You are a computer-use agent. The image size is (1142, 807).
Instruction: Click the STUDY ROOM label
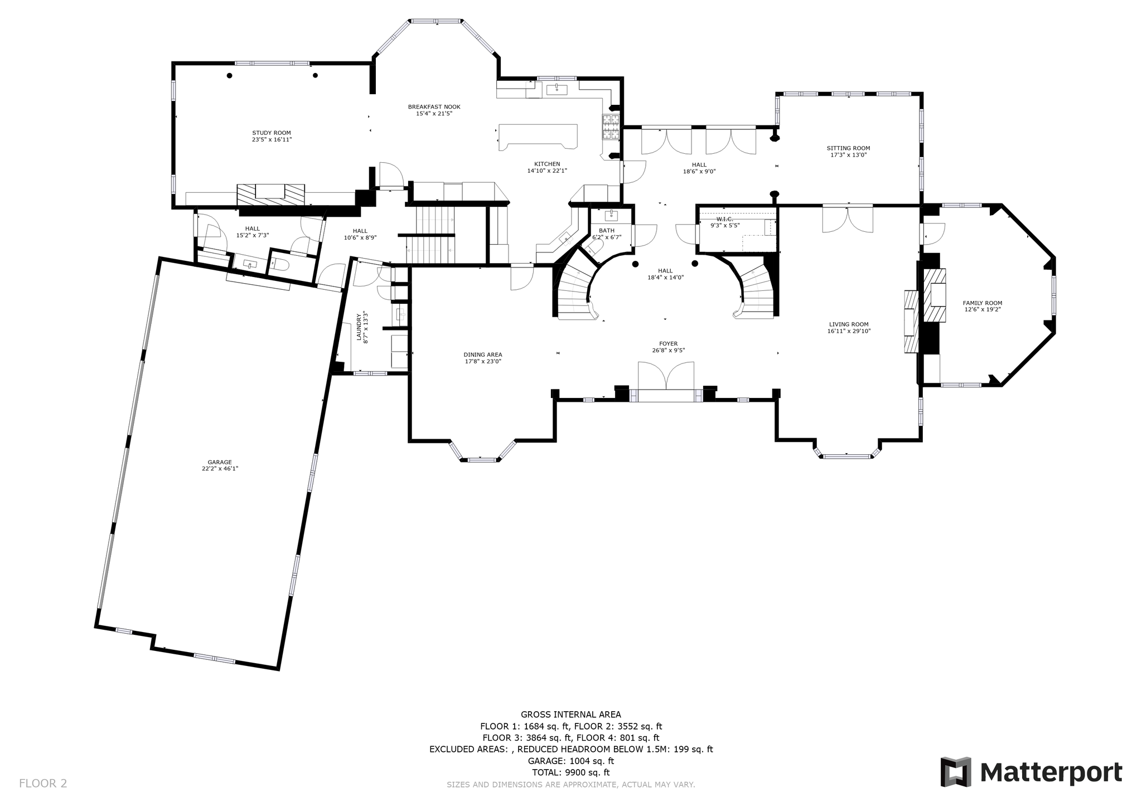point(272,133)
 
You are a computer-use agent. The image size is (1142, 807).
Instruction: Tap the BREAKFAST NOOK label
point(434,107)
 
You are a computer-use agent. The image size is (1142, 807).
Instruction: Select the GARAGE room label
point(220,463)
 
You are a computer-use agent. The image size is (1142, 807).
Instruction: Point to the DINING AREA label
point(483,354)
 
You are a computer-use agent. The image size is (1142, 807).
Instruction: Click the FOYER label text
point(668,344)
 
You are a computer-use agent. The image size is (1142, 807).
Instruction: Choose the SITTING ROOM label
point(848,148)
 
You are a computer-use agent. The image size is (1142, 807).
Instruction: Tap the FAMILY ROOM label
point(983,303)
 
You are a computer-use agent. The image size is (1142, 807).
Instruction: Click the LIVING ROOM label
point(849,324)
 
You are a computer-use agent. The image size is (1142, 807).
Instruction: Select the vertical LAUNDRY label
point(359,327)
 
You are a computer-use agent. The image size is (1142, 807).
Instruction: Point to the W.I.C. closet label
point(725,219)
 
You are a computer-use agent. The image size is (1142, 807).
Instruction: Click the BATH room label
point(607,231)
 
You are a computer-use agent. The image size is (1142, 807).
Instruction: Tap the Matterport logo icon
point(956,772)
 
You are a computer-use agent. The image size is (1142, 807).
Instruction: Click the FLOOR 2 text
point(43,784)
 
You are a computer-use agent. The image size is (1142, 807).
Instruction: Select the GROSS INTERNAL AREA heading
point(570,714)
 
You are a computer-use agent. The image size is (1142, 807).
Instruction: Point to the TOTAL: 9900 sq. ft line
point(570,772)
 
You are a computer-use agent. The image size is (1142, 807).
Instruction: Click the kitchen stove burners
point(611,127)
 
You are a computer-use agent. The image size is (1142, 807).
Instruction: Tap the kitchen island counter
point(538,137)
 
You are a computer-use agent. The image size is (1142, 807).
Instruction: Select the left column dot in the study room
point(229,75)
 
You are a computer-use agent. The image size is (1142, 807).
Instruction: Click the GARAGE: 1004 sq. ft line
point(570,761)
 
